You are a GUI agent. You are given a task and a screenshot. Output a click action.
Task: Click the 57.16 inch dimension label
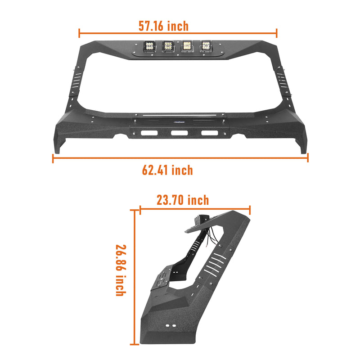tap(163, 26)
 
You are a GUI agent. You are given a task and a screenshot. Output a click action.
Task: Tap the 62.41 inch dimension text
tap(167, 170)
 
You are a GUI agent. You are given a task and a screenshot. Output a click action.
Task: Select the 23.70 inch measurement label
tap(183, 200)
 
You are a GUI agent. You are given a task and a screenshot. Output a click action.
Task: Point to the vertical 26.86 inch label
tap(120, 270)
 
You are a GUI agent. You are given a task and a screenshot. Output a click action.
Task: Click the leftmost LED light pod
tap(148, 46)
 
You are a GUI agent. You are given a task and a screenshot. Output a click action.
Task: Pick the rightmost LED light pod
tap(206, 46)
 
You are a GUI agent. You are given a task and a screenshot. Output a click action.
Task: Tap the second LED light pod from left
tap(168, 46)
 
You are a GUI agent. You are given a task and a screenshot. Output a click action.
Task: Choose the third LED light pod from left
tap(187, 46)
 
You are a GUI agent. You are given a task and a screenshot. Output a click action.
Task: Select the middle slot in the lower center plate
tap(179, 133)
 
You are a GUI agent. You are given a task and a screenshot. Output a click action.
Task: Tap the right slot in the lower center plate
tap(207, 133)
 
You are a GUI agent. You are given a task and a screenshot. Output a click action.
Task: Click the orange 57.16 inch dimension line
tap(178, 33)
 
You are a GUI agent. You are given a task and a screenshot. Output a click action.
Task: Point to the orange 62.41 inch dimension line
tap(180, 158)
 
